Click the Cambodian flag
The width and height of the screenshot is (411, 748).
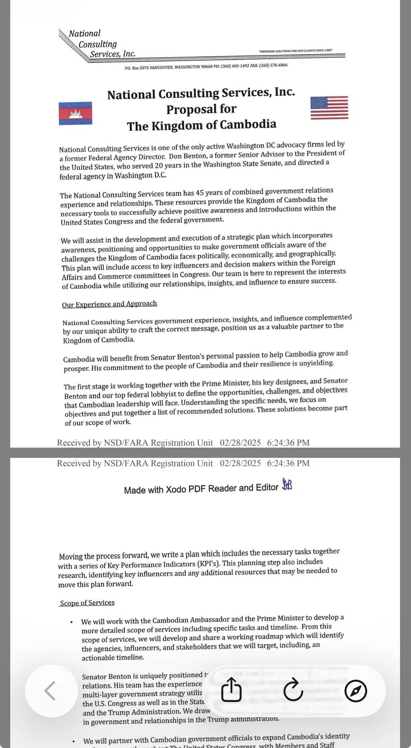(75, 113)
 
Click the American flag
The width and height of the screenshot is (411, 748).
(329, 108)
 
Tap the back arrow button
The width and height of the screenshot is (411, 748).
(50, 691)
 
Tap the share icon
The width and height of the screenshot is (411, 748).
(231, 690)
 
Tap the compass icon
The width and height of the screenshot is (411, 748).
(355, 691)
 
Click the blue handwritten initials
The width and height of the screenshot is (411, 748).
(287, 485)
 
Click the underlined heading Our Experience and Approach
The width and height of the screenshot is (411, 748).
(109, 304)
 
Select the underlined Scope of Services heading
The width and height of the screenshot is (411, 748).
(87, 603)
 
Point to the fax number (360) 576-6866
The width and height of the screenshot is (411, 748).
(273, 65)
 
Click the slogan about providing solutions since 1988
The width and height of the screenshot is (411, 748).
(296, 51)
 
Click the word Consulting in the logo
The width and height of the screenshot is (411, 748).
(98, 44)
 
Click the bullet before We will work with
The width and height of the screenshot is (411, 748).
(72, 622)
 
